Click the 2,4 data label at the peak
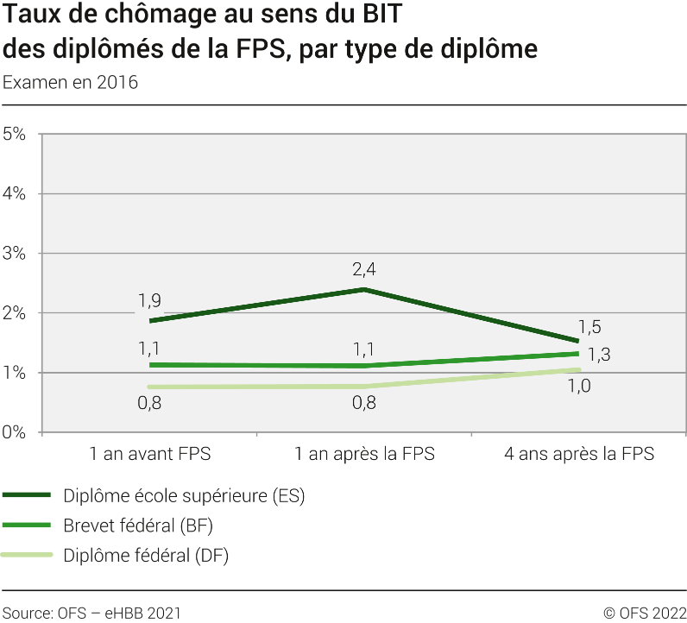coord(364,269)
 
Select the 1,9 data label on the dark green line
coord(149,301)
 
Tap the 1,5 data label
coord(589,327)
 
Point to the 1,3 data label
coord(599,354)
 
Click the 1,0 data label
coord(578,386)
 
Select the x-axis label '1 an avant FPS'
coord(149,454)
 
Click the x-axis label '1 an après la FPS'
coord(364,454)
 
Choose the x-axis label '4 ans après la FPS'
coord(579,454)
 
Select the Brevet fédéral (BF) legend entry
coord(138,525)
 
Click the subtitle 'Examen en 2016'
coord(71,83)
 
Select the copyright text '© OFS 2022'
coord(644,614)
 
